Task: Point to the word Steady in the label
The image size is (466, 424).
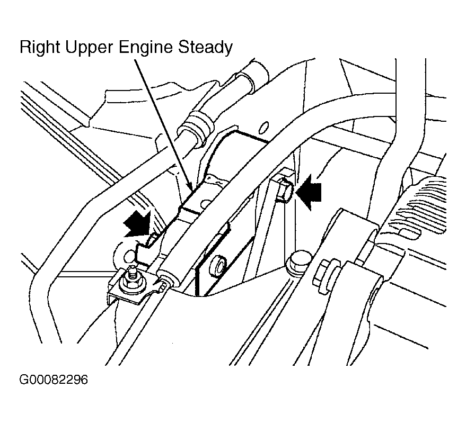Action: (204, 48)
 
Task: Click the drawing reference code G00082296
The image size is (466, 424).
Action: (53, 380)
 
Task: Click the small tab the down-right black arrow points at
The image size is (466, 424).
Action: (151, 241)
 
